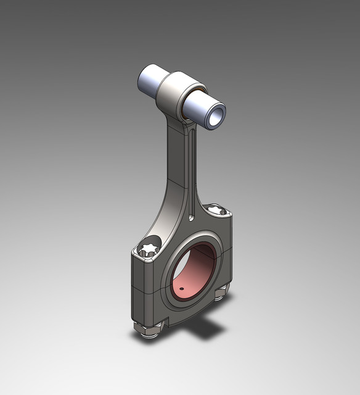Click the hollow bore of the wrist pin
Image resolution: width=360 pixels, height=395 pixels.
tap(215, 116)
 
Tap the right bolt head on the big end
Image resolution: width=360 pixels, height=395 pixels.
tap(216, 211)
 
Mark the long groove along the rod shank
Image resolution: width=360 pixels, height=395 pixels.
tap(193, 173)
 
